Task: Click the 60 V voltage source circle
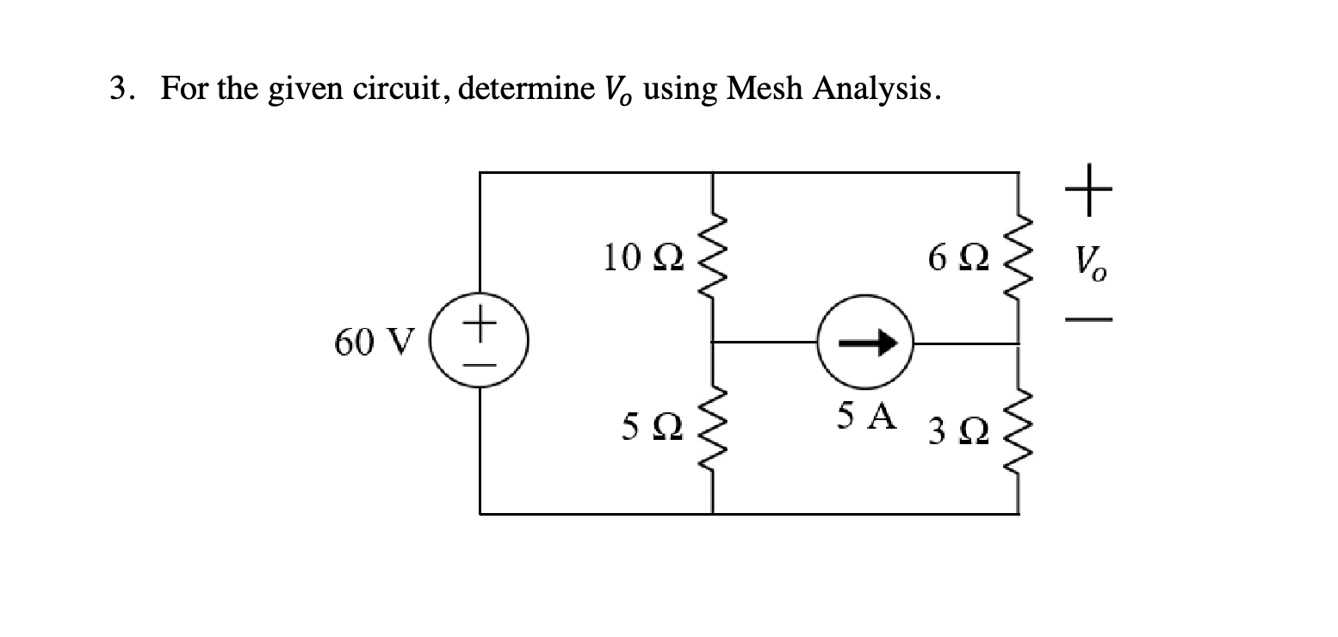pos(480,343)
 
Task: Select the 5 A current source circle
pos(864,343)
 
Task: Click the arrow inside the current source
pos(864,343)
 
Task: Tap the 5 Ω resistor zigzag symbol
pos(713,429)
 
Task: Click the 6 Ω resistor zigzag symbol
pos(1019,257)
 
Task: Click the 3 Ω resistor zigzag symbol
pos(1019,429)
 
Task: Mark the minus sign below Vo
pos(1090,320)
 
